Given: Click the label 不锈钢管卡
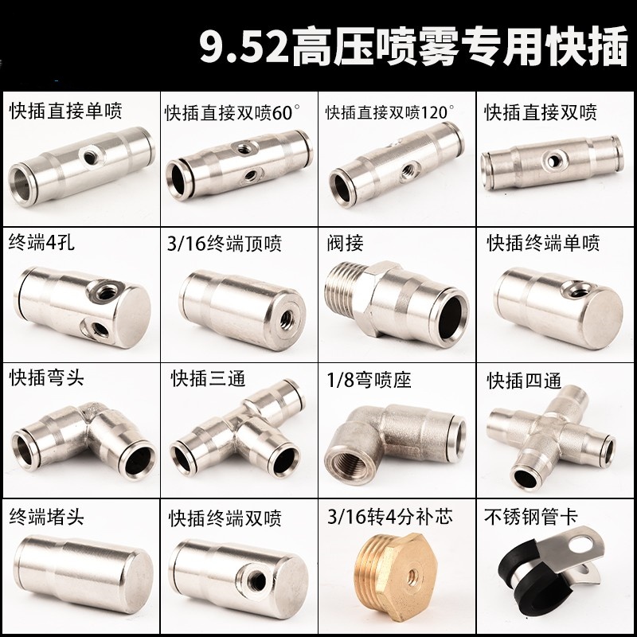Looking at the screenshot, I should [529, 515].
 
